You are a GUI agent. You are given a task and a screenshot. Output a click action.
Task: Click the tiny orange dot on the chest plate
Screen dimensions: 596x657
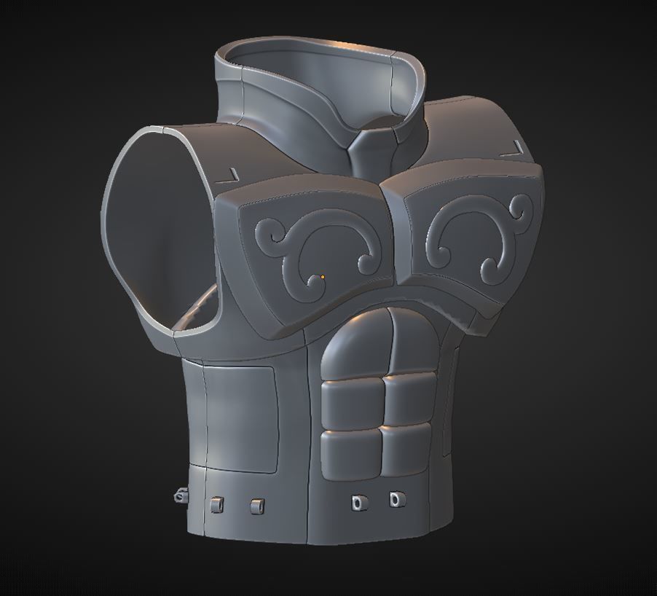[322, 277]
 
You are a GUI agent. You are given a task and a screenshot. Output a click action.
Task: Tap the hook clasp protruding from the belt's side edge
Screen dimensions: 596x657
[179, 496]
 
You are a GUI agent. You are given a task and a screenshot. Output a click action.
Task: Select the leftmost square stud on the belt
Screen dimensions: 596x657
[216, 504]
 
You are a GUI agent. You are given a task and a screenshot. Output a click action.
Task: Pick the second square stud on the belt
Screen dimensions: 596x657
[256, 506]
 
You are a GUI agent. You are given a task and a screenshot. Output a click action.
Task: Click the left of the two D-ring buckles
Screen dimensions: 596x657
[358, 502]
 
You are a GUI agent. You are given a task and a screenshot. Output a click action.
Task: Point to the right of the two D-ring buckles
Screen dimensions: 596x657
[395, 500]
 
